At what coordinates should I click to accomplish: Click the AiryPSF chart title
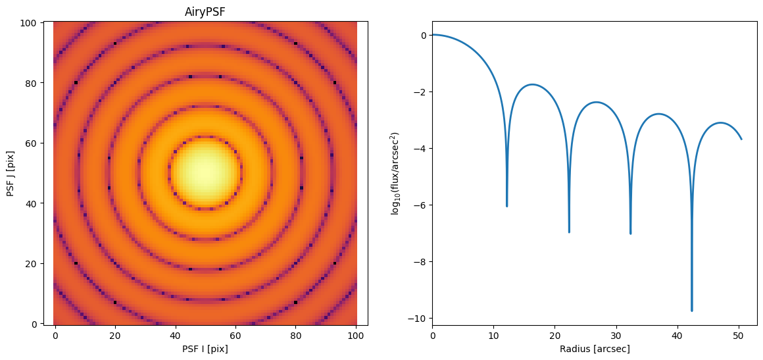[x=205, y=13]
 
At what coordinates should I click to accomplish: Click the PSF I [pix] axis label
[x=205, y=349]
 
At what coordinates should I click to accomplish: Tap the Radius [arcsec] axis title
[x=595, y=349]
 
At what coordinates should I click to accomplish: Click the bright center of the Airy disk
[x=205, y=172]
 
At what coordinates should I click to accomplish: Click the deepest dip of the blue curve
[x=691, y=311]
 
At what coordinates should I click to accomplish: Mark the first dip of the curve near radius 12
[x=506, y=206]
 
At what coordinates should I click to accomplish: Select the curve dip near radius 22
[x=569, y=232]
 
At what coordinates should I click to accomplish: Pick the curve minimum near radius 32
[x=630, y=234]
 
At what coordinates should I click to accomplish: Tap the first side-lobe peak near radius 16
[x=533, y=84]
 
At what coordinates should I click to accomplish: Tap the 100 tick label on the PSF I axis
[x=357, y=335]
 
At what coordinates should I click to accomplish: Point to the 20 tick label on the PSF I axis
[x=115, y=335]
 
